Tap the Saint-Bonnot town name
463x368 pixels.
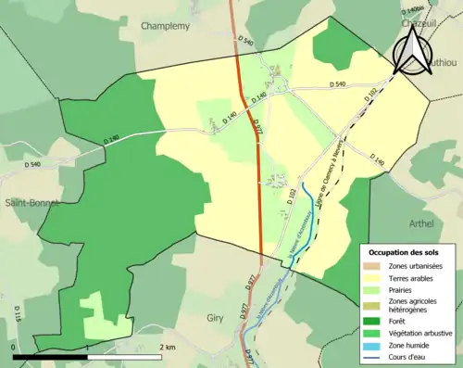31,203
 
